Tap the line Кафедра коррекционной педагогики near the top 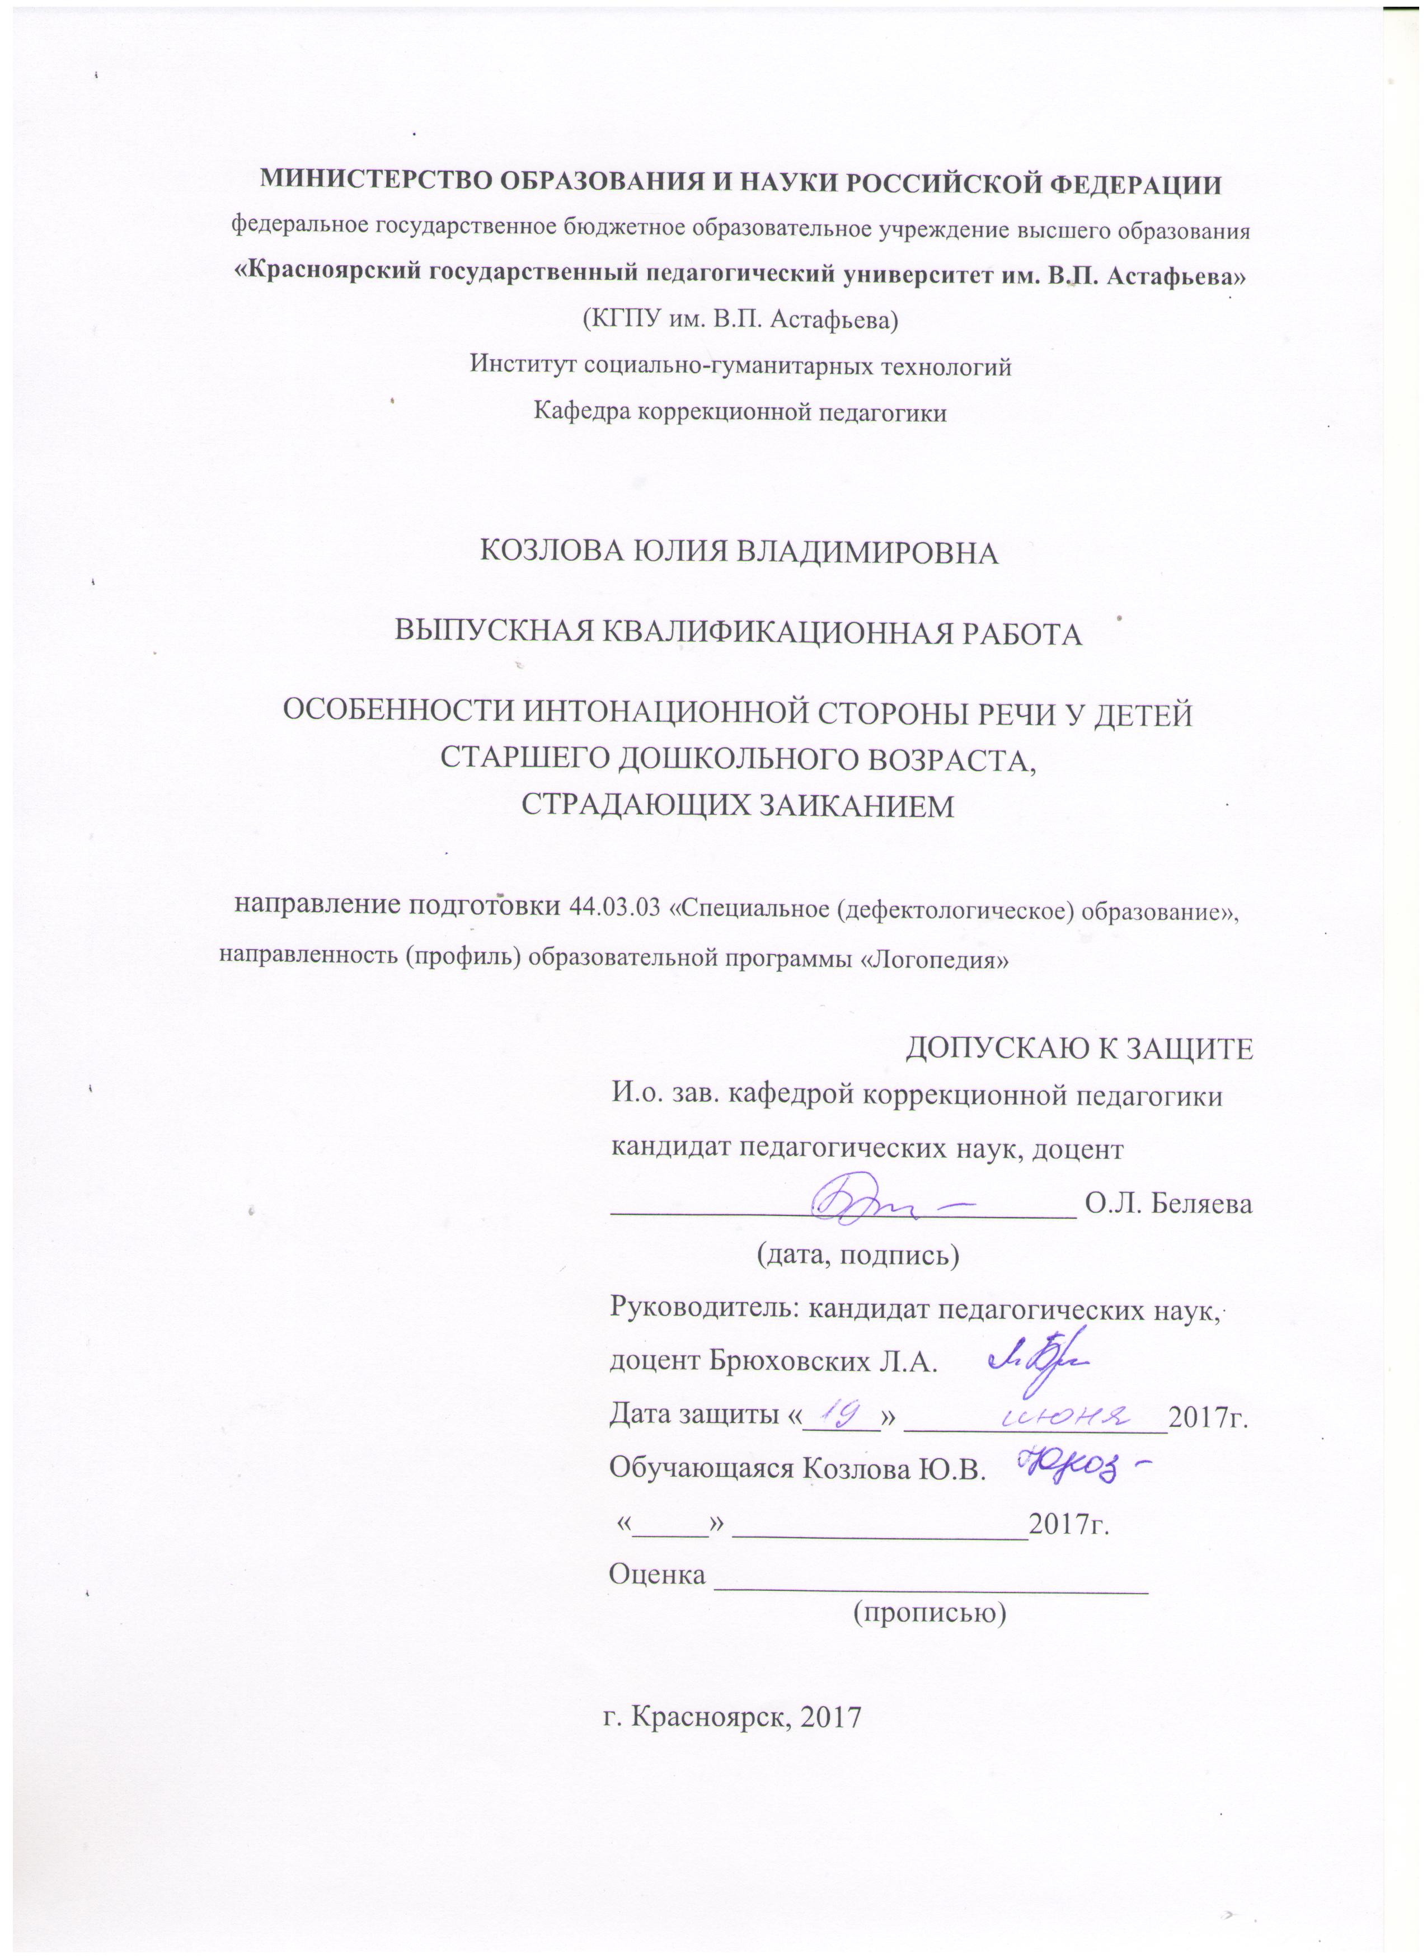740,412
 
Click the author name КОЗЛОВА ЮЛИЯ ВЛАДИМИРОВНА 739,553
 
